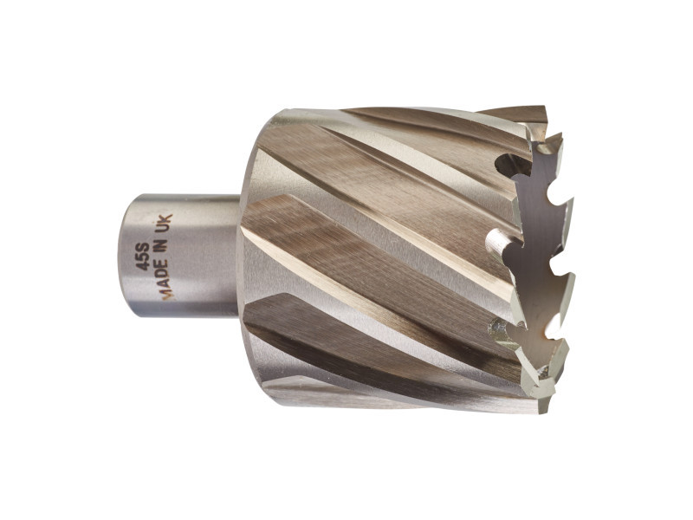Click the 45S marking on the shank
142,257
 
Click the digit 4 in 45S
142,265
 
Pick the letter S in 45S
142,247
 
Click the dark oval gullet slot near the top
512,165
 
